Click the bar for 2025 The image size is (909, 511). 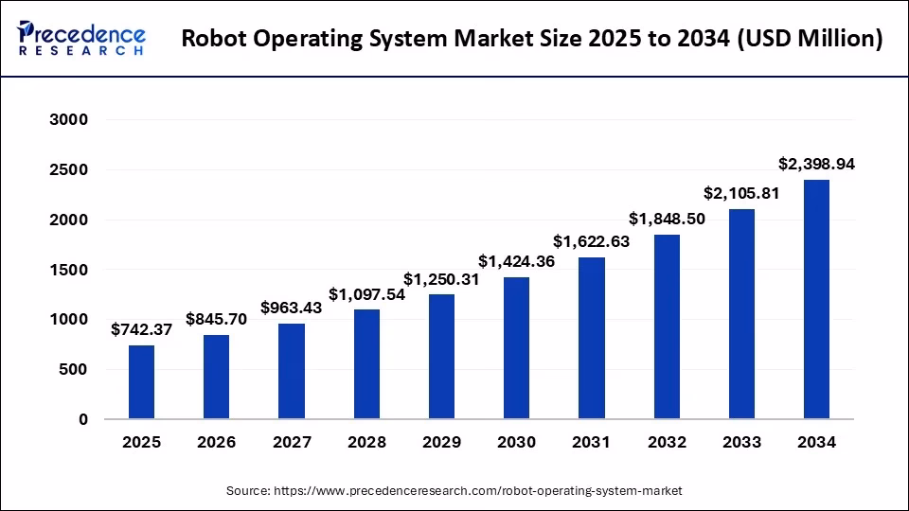pyautogui.click(x=141, y=382)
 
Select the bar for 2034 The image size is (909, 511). pyautogui.click(x=816, y=299)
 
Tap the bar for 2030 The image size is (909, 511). pyautogui.click(x=516, y=348)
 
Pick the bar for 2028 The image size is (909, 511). pyautogui.click(x=366, y=364)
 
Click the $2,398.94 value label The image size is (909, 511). pyautogui.click(x=816, y=164)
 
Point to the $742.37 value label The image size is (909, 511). pyautogui.click(x=141, y=329)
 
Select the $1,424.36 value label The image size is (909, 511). pyautogui.click(x=516, y=261)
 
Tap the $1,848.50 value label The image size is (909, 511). pyautogui.click(x=667, y=219)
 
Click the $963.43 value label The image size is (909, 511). pyautogui.click(x=292, y=308)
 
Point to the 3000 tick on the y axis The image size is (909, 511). pyautogui.click(x=69, y=120)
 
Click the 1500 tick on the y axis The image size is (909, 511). pyautogui.click(x=69, y=270)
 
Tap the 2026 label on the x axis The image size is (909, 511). pyautogui.click(x=216, y=442)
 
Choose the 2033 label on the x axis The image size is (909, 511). pyautogui.click(x=741, y=442)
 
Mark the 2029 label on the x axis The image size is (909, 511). pyautogui.click(x=441, y=442)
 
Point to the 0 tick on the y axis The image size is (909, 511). pyautogui.click(x=82, y=419)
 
